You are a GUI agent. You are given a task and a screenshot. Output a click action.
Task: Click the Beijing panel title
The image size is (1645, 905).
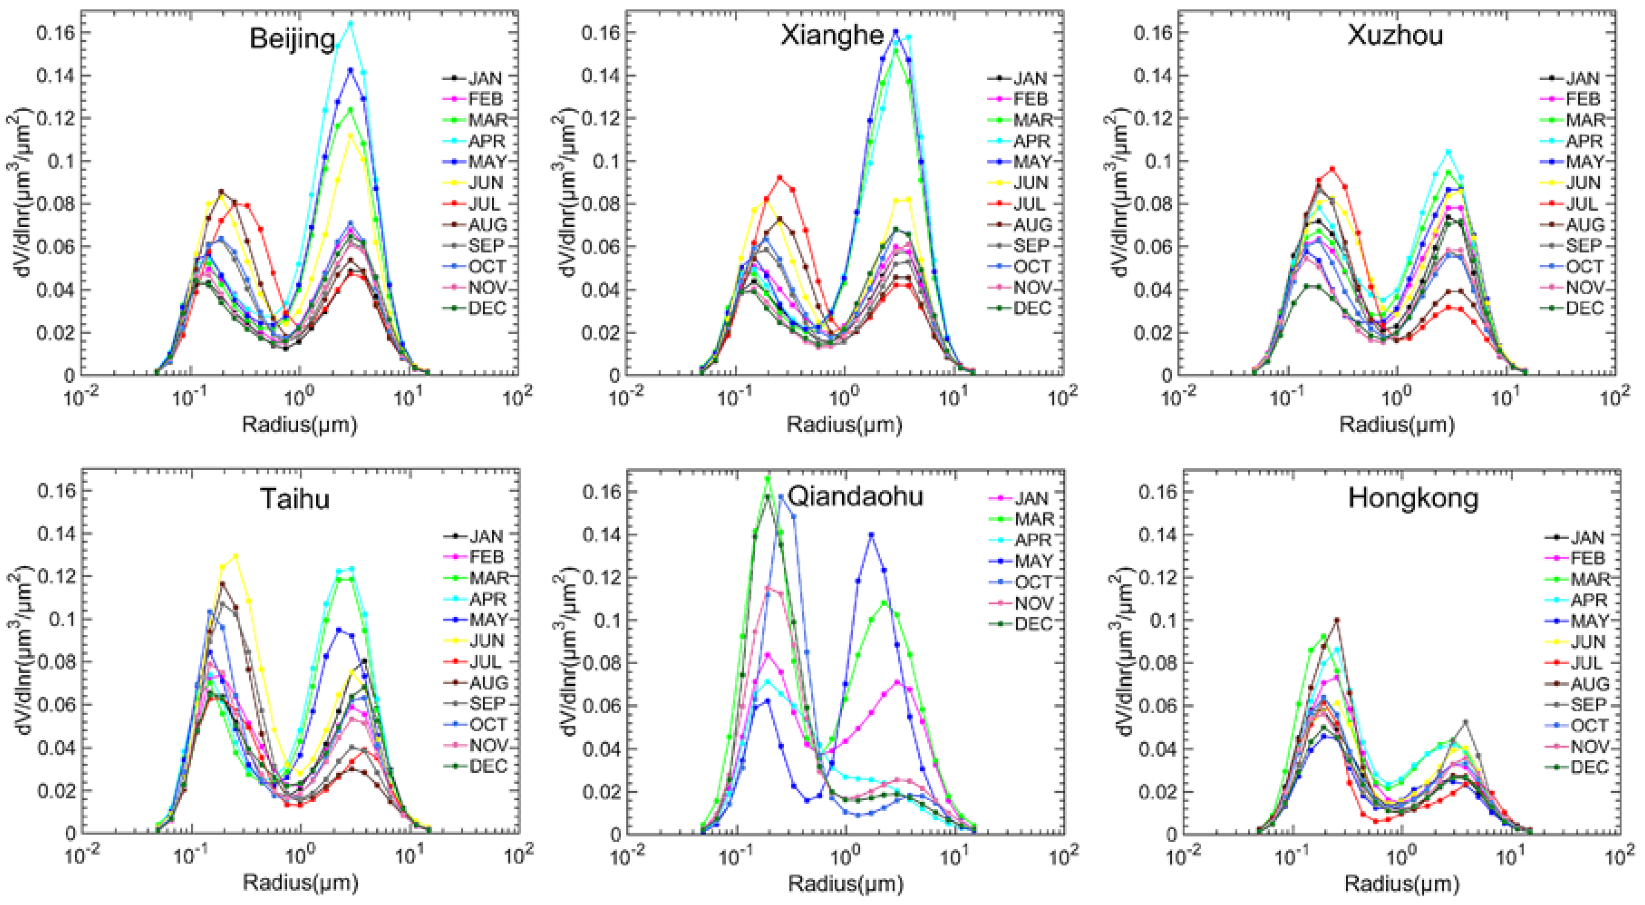[x=292, y=39]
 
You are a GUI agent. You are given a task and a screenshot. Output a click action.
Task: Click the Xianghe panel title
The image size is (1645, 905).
[x=832, y=35]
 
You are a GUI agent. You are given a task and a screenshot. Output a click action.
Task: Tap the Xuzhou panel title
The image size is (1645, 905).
[x=1395, y=35]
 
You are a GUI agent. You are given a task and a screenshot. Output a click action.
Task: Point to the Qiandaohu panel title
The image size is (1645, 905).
[x=854, y=496]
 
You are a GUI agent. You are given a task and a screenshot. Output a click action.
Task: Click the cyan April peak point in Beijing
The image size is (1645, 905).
[x=350, y=24]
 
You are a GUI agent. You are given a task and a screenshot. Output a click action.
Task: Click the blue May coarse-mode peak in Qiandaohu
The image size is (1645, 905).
[x=871, y=535]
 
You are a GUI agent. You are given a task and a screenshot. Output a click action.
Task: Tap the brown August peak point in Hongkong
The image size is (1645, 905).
[x=1337, y=619]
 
